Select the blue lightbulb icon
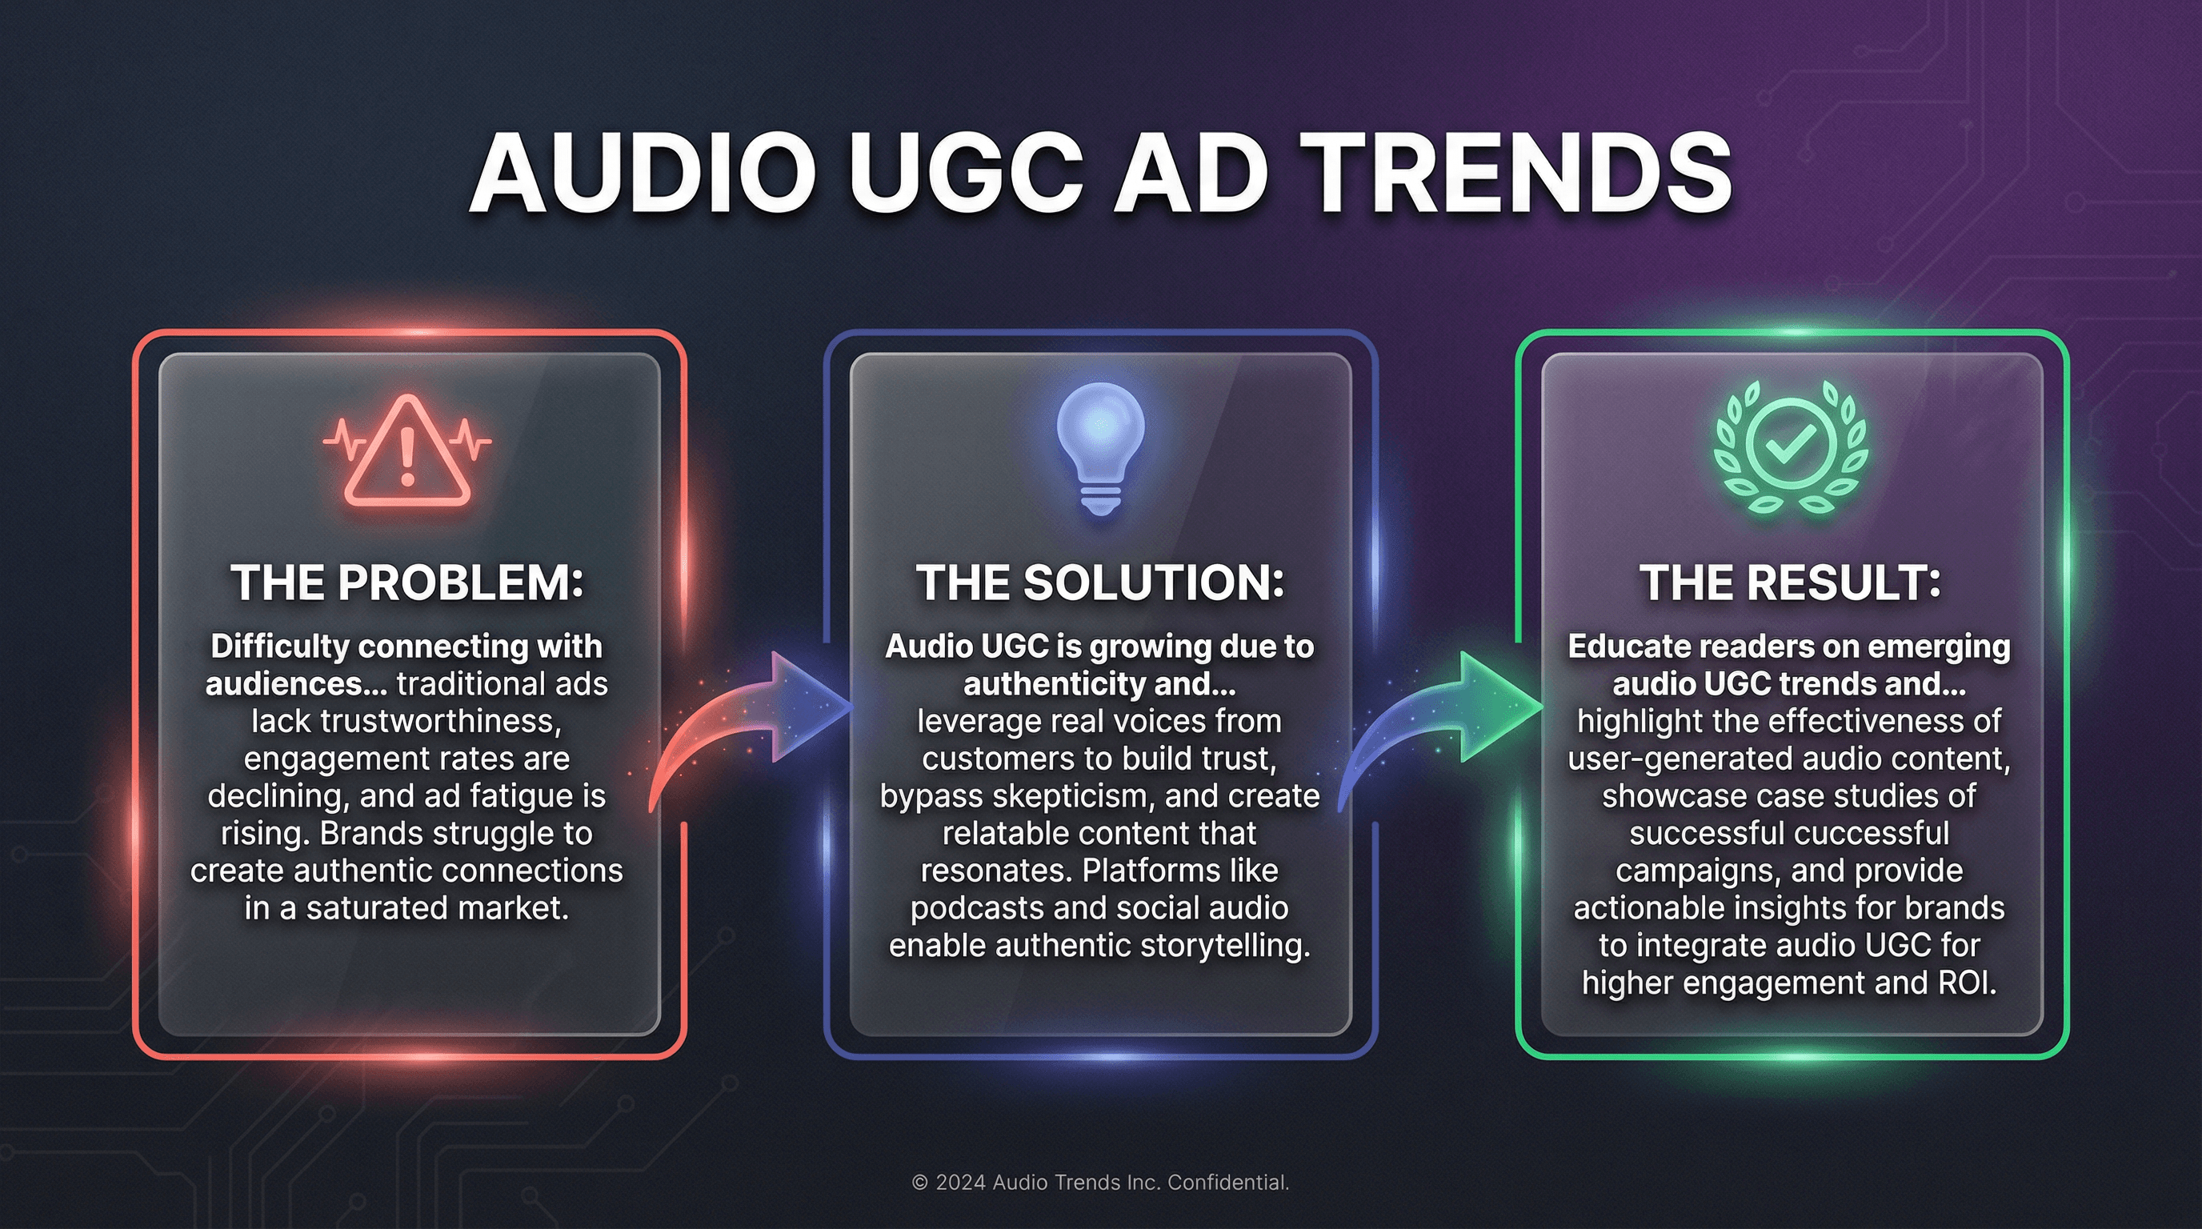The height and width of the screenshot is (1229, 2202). (x=1100, y=447)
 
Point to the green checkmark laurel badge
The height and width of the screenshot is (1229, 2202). (x=1791, y=447)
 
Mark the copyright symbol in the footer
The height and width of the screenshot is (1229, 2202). (x=920, y=1183)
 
